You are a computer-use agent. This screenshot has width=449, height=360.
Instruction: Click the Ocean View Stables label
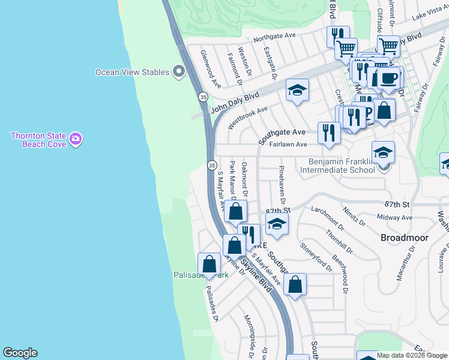(133, 72)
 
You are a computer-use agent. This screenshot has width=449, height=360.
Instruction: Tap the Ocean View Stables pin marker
(178, 72)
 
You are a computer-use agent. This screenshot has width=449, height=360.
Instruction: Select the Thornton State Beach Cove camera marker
(75, 140)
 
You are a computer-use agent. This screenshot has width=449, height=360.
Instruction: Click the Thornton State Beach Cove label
(37, 140)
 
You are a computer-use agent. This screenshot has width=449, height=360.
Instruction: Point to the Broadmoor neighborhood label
(405, 238)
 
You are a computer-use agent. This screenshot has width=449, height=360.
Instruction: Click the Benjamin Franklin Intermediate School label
(342, 166)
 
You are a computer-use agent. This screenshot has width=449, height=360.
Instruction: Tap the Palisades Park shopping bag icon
(209, 264)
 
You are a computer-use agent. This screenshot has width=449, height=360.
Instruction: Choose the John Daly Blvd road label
(235, 103)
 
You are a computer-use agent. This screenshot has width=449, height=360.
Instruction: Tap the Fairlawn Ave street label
(288, 145)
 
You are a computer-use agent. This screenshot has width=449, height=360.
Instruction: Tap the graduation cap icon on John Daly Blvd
(297, 91)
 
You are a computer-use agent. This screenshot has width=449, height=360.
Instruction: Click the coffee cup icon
(388, 77)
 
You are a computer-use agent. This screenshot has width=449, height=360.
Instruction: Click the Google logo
(20, 353)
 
